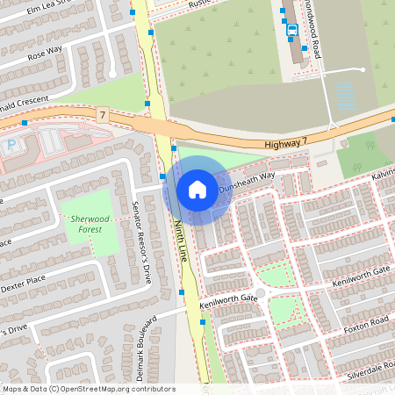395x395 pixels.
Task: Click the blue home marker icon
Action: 197,190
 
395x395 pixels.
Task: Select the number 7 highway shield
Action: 103,115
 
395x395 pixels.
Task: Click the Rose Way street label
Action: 45,55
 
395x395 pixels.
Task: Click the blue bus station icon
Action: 291,31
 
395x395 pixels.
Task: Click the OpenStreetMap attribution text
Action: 89,388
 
